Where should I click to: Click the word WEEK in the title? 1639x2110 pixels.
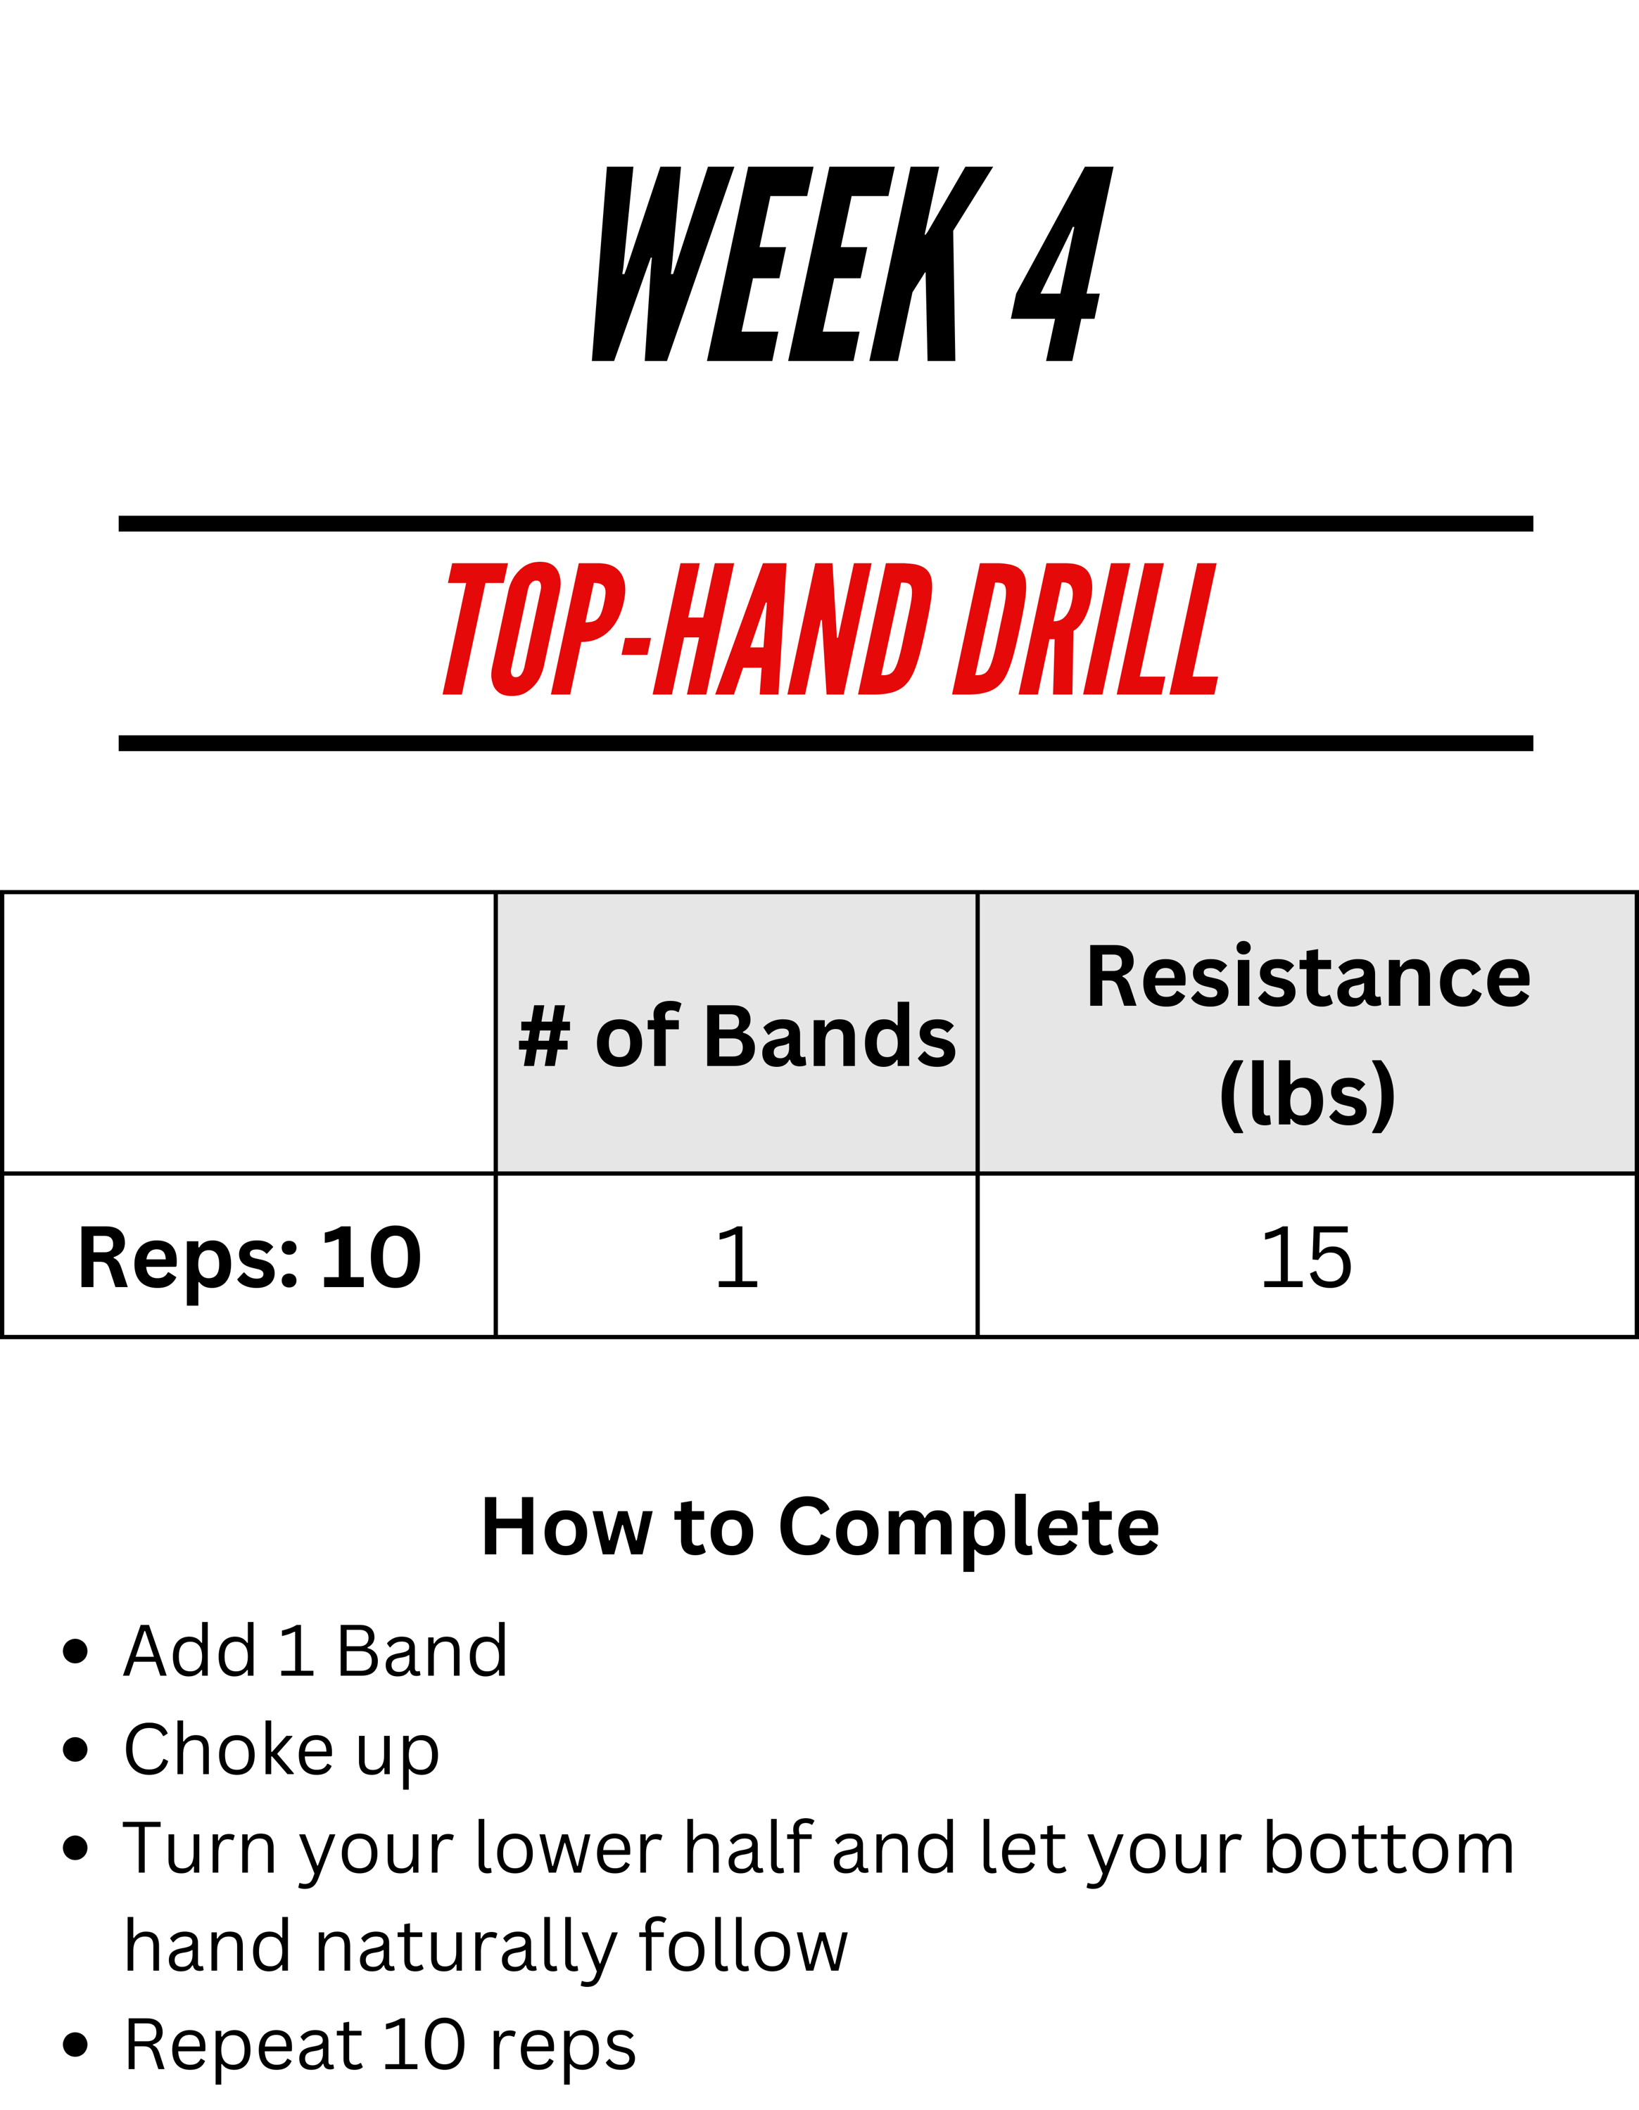click(x=792, y=264)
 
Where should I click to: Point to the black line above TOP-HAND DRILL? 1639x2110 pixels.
click(x=826, y=524)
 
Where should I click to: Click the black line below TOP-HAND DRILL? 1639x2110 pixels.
click(x=826, y=743)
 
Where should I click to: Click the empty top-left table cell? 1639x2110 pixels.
click(x=249, y=1032)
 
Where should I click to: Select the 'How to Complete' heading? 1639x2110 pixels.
click(x=821, y=1528)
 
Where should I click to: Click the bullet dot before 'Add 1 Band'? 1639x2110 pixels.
click(x=75, y=1652)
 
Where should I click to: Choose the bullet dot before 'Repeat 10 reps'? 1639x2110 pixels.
click(x=75, y=2045)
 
